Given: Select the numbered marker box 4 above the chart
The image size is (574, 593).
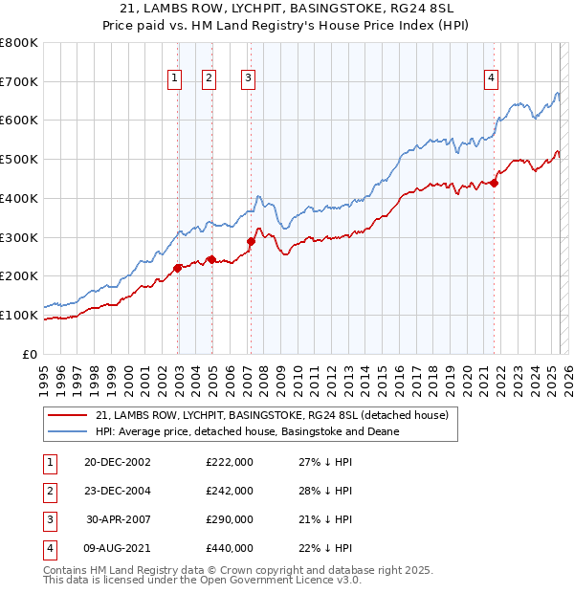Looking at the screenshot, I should point(491,79).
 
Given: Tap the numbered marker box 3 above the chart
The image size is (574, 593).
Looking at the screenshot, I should point(248,79).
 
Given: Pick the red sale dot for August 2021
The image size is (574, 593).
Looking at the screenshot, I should point(495,183).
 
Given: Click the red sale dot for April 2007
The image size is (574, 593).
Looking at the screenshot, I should point(251,241).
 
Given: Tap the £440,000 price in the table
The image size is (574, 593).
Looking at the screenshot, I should point(230,548).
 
